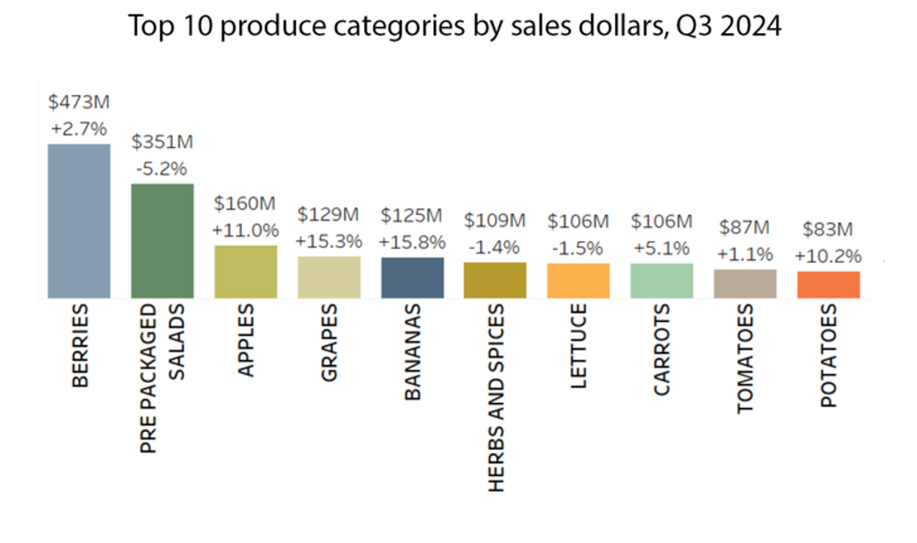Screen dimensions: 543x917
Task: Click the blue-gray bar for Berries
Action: click(79, 221)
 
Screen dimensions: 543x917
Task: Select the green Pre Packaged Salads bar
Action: click(162, 241)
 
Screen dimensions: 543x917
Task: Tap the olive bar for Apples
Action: click(246, 272)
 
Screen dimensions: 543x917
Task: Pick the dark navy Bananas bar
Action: click(412, 278)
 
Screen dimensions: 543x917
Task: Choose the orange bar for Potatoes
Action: click(829, 285)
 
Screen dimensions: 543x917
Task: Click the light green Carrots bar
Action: click(661, 281)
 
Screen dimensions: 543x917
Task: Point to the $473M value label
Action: click(78, 102)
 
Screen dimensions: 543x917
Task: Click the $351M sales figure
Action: click(162, 142)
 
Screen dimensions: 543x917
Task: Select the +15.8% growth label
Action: click(411, 241)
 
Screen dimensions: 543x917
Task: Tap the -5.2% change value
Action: click(162, 169)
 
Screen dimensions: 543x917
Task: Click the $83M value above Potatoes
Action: click(828, 229)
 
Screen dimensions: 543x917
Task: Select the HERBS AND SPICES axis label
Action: click(496, 397)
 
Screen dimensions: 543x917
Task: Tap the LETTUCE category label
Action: click(579, 347)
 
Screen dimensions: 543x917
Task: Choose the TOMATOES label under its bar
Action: click(746, 359)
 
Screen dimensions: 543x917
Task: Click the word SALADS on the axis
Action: click(178, 343)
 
